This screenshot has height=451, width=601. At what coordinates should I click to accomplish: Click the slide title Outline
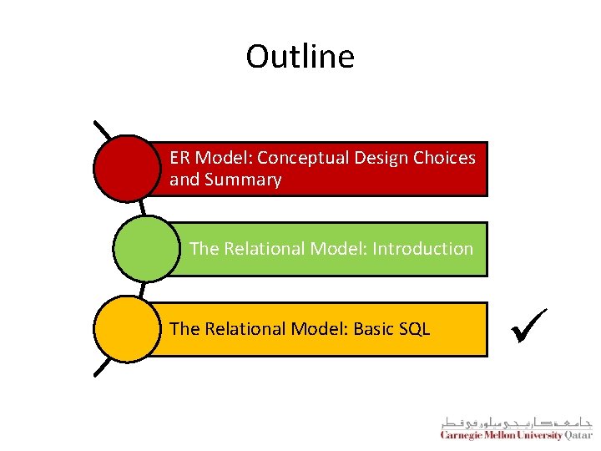300,57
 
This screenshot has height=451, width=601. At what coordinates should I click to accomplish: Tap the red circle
125,168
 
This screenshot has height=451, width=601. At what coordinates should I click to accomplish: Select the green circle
145,248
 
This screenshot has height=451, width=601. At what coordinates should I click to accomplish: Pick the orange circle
126,329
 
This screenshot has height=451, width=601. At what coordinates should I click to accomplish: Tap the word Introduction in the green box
422,248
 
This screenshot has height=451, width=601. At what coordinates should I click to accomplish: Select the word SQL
414,329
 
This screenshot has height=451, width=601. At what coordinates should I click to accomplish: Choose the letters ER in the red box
179,157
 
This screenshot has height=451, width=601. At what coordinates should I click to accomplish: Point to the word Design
381,157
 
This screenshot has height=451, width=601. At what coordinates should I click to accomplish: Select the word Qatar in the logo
578,434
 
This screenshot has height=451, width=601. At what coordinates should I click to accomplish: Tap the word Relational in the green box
265,248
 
